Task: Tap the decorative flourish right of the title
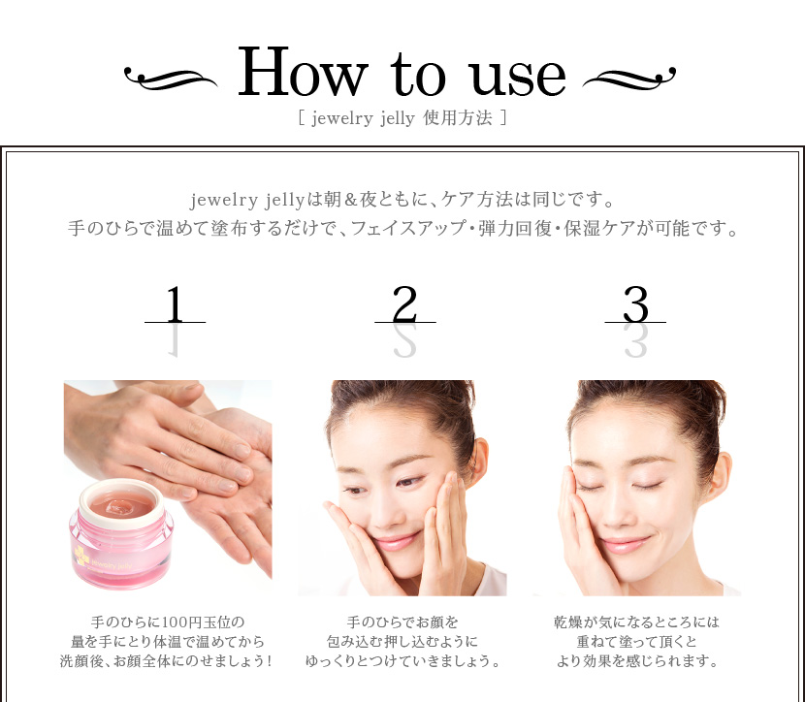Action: [x=630, y=76]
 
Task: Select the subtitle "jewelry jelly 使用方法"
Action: [x=402, y=119]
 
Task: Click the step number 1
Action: [x=175, y=306]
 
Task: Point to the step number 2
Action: [x=404, y=306]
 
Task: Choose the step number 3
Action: [x=635, y=306]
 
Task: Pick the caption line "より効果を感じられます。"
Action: [x=637, y=662]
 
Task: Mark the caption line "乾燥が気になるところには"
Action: [x=637, y=622]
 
